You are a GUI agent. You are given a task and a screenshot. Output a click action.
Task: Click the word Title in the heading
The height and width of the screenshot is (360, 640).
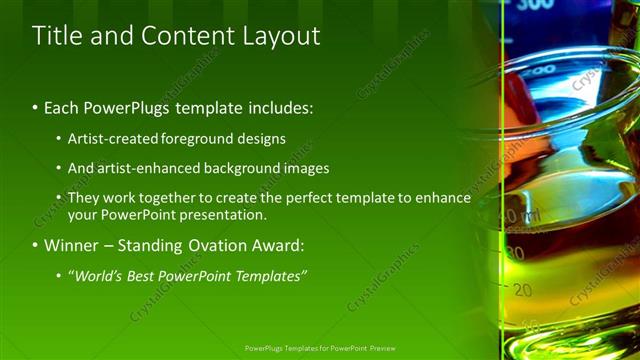pos(56,36)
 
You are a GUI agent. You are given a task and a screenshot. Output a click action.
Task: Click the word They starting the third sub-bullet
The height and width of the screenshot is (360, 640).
pos(83,198)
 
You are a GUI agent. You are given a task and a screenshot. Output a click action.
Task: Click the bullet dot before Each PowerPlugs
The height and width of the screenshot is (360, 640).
pos(36,107)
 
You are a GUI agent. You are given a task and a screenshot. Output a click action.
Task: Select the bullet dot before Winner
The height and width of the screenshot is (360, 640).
pos(36,245)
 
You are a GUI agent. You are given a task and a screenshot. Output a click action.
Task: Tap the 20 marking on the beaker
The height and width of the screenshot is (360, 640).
pos(522,290)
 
